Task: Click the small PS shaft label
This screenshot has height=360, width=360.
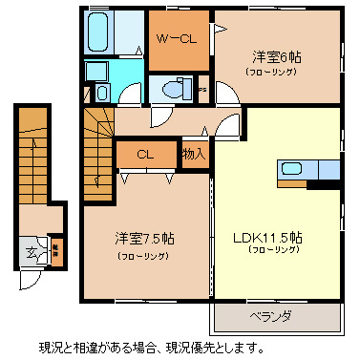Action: pyautogui.click(x=201, y=93)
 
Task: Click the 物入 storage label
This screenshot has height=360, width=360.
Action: pyautogui.click(x=194, y=153)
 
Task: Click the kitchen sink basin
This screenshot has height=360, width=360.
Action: pyautogui.click(x=292, y=171)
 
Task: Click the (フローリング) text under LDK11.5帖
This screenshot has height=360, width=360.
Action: pyautogui.click(x=275, y=250)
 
